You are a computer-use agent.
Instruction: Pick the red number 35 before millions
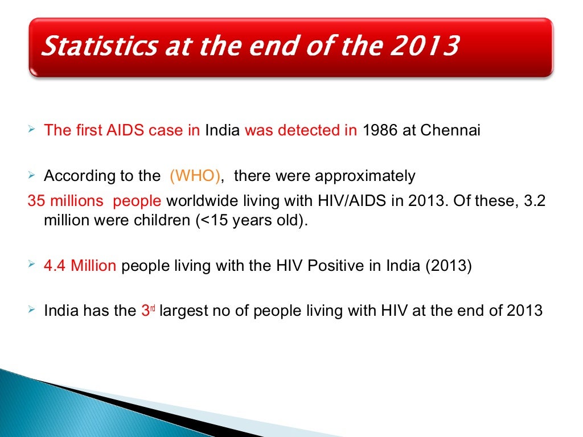click(35, 202)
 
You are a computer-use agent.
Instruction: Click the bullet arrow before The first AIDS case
click(32, 130)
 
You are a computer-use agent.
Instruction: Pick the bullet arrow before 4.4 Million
click(32, 266)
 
